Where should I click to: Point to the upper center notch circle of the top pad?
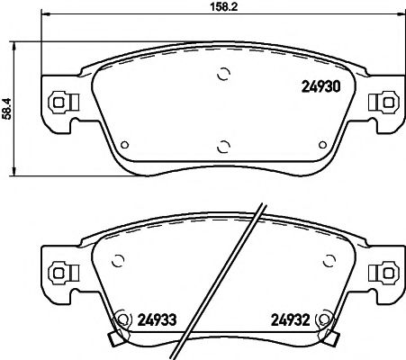click(222, 75)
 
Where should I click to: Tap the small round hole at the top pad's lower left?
click(125, 142)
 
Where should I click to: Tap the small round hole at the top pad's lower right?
click(320, 142)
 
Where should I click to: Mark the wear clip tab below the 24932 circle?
click(333, 339)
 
